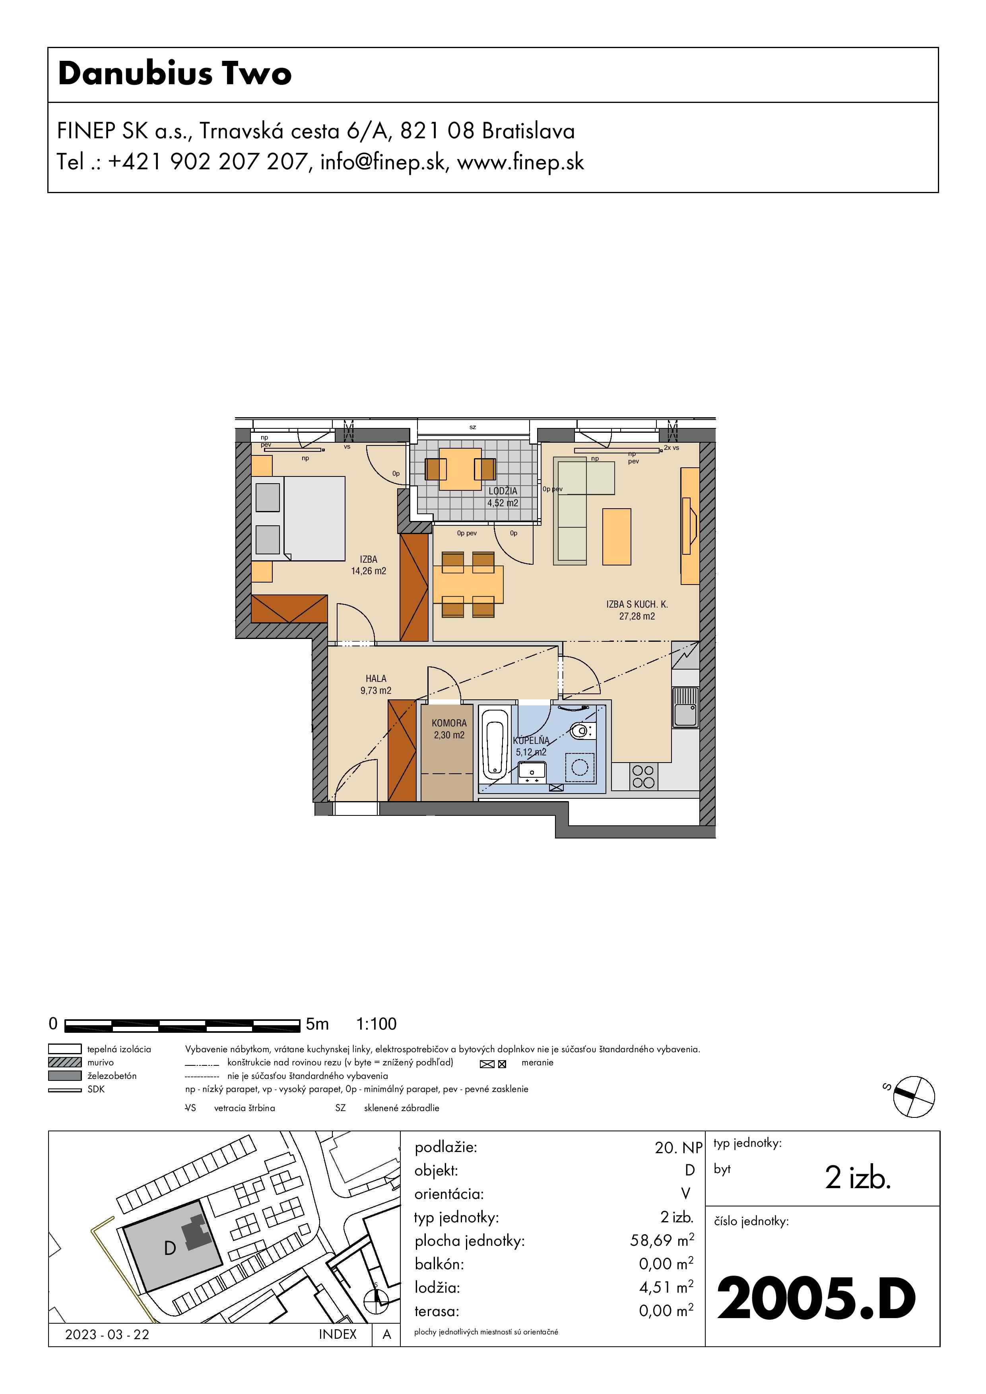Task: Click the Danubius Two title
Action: click(175, 74)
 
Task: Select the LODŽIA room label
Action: click(503, 491)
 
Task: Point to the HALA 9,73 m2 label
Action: click(376, 684)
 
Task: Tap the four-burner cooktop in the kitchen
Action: click(643, 776)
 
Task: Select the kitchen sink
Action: click(685, 707)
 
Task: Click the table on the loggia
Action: click(460, 469)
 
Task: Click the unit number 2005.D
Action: click(817, 1299)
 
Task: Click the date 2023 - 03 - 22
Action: click(107, 1334)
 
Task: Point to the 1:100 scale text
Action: click(376, 1024)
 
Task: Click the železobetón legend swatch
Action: click(65, 1075)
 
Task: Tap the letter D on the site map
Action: click(170, 1248)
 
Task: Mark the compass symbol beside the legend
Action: click(914, 1096)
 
